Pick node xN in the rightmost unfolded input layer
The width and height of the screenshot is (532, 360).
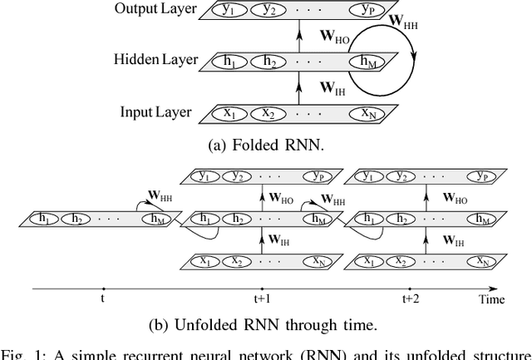[x=479, y=259]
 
